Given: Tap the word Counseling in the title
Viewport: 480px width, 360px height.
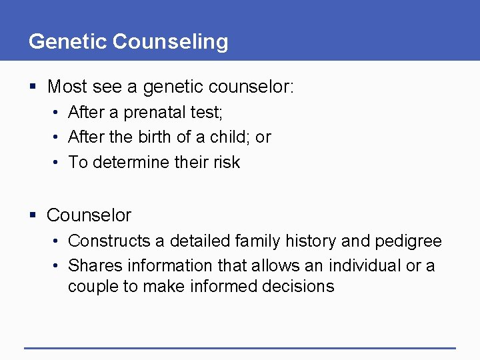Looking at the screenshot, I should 170,41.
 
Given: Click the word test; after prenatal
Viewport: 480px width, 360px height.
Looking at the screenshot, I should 206,113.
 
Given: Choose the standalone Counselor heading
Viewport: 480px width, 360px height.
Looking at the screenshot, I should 89,215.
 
